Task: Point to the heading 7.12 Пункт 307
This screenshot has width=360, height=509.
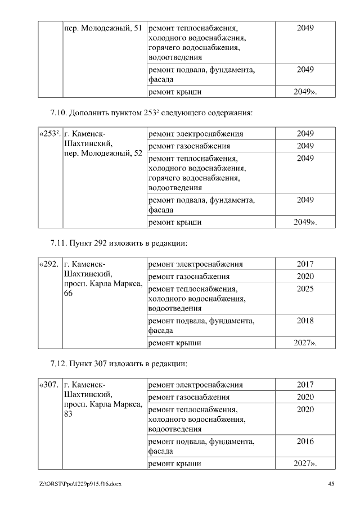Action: click(118, 364)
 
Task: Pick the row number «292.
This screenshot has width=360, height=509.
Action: click(49, 264)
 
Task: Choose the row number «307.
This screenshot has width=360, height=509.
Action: click(49, 385)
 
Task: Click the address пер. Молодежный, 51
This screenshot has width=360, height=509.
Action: click(103, 28)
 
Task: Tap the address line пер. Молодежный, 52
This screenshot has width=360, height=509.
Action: click(103, 154)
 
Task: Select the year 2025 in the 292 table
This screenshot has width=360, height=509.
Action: click(305, 289)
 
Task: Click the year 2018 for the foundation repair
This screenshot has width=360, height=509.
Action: click(305, 321)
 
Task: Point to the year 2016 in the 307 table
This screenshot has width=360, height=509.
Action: click(305, 442)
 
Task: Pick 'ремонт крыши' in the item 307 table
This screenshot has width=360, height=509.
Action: click(174, 464)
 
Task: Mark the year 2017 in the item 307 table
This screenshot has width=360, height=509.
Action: click(305, 385)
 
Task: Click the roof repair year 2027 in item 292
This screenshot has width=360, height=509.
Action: click(305, 343)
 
